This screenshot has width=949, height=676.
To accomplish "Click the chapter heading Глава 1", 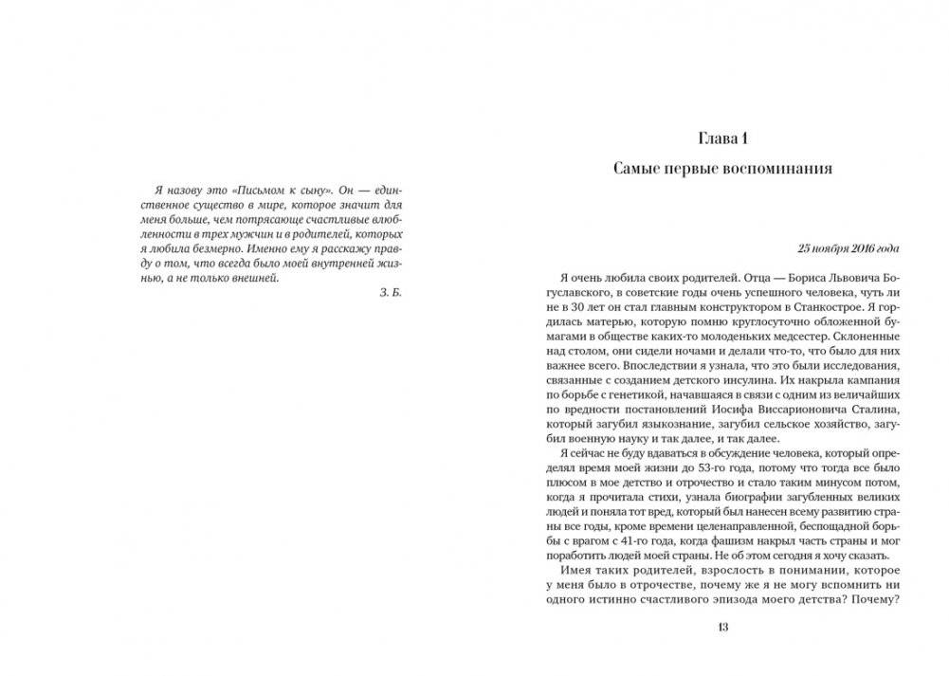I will [x=723, y=138].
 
